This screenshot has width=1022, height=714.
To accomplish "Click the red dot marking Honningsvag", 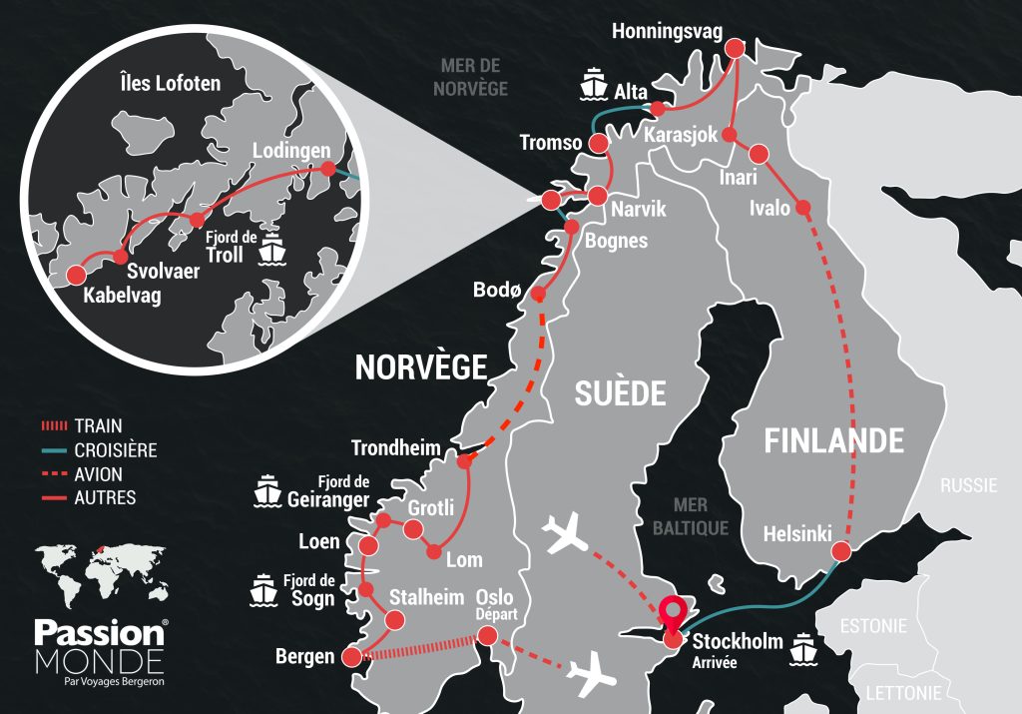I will [x=737, y=48].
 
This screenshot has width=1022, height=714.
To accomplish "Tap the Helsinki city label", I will [x=796, y=534].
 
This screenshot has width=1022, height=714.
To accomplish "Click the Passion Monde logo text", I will [x=100, y=646].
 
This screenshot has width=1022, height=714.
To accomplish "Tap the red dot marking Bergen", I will [x=351, y=656].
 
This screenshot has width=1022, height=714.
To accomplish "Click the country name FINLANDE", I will [x=834, y=440].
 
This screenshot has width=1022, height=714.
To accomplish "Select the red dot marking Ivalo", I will [x=803, y=208].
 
